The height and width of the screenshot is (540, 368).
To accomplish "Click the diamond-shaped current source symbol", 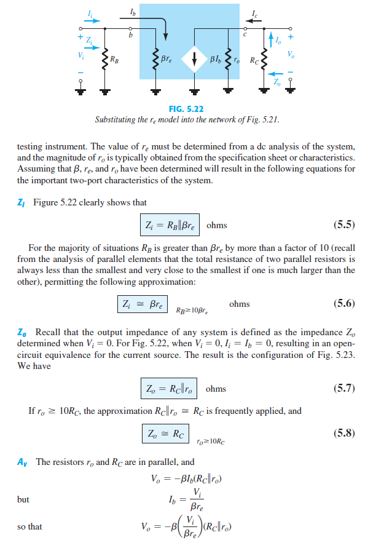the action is (195, 60).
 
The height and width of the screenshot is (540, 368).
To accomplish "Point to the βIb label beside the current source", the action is (214, 60).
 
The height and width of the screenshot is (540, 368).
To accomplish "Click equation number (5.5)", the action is (343, 224).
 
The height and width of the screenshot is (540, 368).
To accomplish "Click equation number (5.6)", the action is (343, 303).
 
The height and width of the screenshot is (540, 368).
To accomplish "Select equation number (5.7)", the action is (343, 387).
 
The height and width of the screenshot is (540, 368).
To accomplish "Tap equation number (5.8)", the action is (343, 432).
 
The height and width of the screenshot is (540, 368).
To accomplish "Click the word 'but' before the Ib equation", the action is (23, 499).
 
